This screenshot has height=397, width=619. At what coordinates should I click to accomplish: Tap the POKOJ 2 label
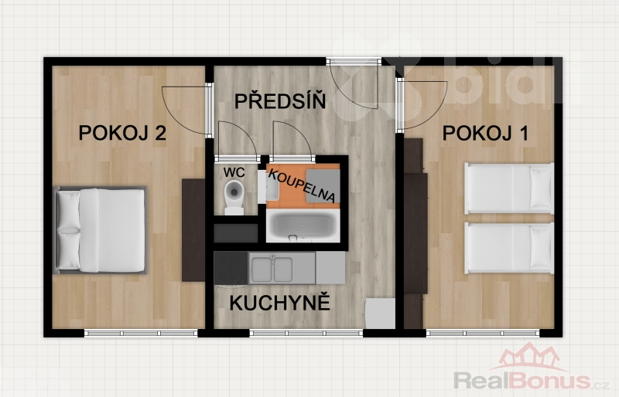[x=122, y=133]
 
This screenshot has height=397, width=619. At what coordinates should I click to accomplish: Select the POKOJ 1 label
[x=485, y=134]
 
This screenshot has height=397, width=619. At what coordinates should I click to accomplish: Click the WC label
[x=234, y=172]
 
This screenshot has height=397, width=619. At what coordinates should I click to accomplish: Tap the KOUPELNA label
[x=303, y=185]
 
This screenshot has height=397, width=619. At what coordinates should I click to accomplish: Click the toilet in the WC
[x=234, y=197]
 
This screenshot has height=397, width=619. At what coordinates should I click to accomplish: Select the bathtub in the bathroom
[x=303, y=226]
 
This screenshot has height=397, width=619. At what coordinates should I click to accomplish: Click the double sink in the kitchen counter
[x=272, y=270]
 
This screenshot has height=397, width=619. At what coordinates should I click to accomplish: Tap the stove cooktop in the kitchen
[x=231, y=269]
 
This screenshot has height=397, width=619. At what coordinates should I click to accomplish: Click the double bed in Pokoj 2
[x=100, y=230]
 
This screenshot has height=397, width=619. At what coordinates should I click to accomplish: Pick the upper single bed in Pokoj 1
[x=509, y=188]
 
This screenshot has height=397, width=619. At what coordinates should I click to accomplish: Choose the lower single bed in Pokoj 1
[x=509, y=248]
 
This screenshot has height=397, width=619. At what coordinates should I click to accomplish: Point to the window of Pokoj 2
[x=141, y=333]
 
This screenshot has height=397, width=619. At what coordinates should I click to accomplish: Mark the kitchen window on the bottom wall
[x=306, y=333]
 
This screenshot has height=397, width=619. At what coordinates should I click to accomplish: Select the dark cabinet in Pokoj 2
[x=193, y=230]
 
